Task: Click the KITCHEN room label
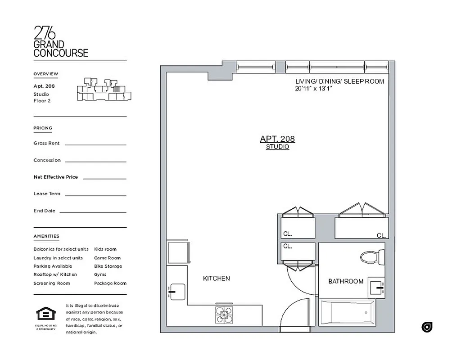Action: (216, 279)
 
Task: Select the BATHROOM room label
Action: (345, 281)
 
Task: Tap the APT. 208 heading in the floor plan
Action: (277, 139)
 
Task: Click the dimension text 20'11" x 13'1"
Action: (313, 89)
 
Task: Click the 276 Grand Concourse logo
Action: (61, 42)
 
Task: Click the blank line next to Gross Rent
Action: (95, 144)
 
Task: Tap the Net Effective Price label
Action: (55, 177)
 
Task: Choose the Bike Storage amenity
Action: (108, 266)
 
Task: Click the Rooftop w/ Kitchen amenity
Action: (55, 274)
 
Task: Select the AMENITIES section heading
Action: (46, 236)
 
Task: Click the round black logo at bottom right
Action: (427, 327)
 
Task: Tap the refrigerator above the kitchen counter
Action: (178, 253)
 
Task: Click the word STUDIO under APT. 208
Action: (277, 147)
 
